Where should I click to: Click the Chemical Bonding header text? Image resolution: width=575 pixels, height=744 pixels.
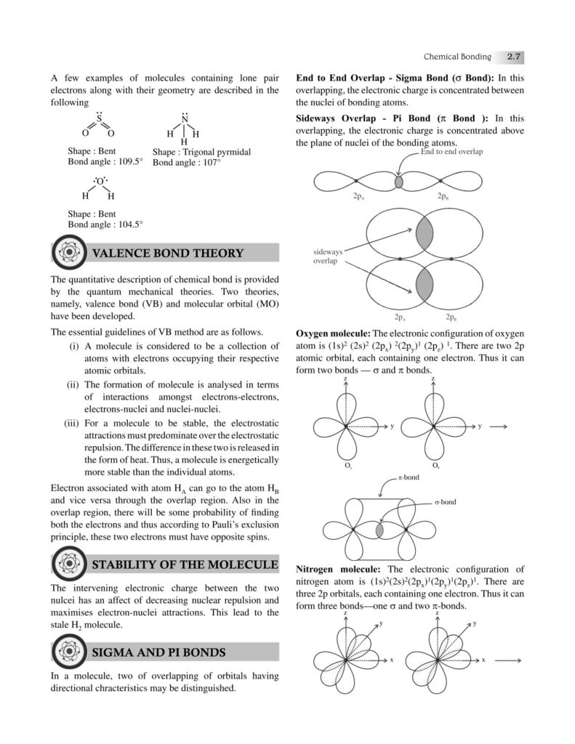(457, 57)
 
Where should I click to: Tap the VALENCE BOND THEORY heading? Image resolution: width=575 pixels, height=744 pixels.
(167, 253)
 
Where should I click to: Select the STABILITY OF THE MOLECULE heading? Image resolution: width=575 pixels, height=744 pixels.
(185, 565)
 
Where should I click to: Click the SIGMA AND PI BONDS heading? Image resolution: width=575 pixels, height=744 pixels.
(158, 652)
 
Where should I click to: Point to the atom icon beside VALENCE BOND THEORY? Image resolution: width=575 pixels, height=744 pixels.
(70, 253)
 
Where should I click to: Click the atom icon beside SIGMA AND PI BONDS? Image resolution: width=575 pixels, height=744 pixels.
(70, 652)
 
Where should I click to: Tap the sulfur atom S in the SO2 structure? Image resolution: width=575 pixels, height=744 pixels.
(99, 121)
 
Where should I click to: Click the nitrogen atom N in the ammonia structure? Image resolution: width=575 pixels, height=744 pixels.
(184, 119)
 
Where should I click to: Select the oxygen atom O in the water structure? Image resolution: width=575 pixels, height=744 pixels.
(100, 181)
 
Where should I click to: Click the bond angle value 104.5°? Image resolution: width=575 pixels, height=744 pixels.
(129, 225)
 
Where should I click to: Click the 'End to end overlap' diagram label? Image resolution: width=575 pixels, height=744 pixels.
(451, 152)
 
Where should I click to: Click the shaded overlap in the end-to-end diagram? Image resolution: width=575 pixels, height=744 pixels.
(398, 180)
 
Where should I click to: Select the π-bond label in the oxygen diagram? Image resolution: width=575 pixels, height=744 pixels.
(407, 478)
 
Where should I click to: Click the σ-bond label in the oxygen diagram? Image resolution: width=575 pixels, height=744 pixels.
(445, 502)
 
